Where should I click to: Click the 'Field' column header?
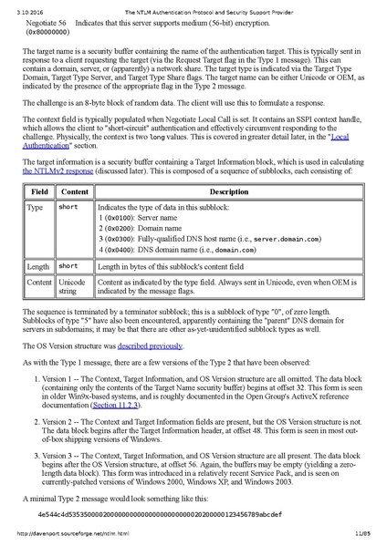[x=39, y=192]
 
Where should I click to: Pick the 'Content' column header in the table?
[x=74, y=192]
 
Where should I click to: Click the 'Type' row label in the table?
[x=36, y=208]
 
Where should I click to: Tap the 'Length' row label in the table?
[x=39, y=265]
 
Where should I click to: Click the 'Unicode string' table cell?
[x=74, y=286]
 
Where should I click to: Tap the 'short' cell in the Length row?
[x=68, y=265]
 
